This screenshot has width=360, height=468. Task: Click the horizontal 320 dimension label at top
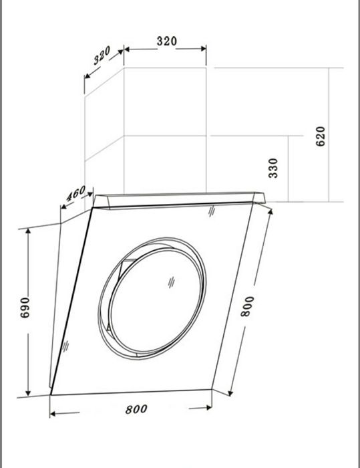click(166, 41)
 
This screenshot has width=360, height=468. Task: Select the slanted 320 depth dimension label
click(102, 57)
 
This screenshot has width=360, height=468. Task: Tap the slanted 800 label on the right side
click(247, 306)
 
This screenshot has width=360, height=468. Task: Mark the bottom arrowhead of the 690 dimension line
click(29, 392)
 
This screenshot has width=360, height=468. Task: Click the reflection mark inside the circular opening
click(171, 283)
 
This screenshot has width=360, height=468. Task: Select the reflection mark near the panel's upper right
click(211, 212)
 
